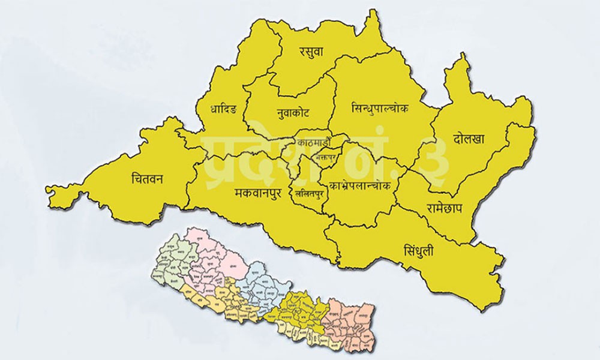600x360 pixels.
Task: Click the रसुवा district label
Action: coord(311,52)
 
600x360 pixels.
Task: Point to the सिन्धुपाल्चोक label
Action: coord(379,109)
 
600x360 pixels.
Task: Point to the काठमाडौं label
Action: coord(313,143)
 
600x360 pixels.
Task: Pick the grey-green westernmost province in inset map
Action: coord(171,264)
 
